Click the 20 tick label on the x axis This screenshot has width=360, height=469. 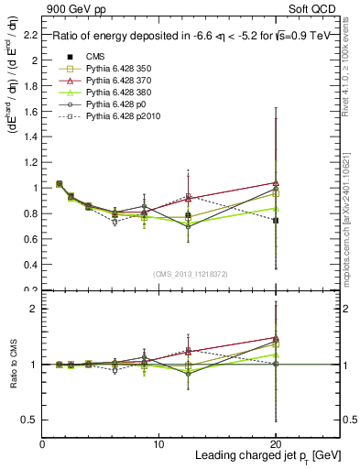(275, 443)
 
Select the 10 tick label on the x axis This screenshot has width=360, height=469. (158, 443)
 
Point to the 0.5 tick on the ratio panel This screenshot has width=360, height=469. (31, 420)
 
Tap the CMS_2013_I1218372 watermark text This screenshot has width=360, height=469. (191, 275)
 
